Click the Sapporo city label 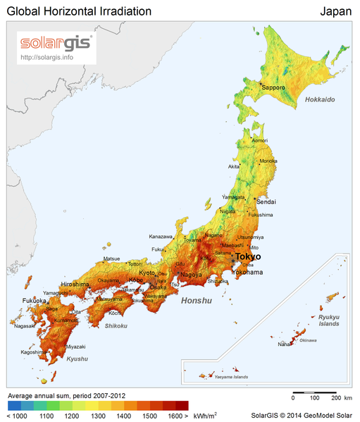(x=273, y=87)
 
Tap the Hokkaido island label (x=320, y=100)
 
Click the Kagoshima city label (x=33, y=351)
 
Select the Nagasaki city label (x=24, y=325)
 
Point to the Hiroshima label (x=75, y=284)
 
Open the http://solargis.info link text (x=48, y=57)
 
